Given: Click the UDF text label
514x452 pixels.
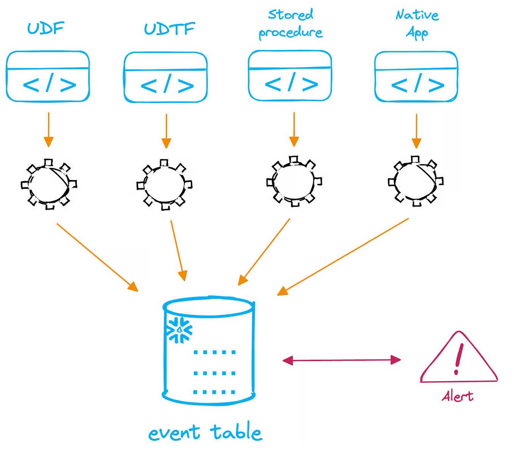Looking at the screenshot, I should (46, 28).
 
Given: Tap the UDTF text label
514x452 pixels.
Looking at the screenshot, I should (169, 29).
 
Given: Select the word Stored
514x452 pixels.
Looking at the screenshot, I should (290, 15).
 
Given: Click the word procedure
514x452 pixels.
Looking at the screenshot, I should (290, 33).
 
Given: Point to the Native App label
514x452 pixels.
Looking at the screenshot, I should (417, 24).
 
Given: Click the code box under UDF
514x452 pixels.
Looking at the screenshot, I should (48, 77).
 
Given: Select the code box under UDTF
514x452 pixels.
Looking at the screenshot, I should (166, 78).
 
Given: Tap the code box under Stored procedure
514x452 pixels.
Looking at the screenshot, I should (290, 76).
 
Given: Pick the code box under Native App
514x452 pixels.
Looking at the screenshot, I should (416, 77).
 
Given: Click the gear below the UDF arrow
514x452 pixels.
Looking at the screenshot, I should (48, 184).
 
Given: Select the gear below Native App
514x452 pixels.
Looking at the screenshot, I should (416, 181).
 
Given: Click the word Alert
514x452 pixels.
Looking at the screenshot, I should (457, 396).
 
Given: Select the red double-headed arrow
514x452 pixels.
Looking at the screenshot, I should (341, 360).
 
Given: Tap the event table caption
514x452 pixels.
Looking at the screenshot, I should (205, 432).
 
